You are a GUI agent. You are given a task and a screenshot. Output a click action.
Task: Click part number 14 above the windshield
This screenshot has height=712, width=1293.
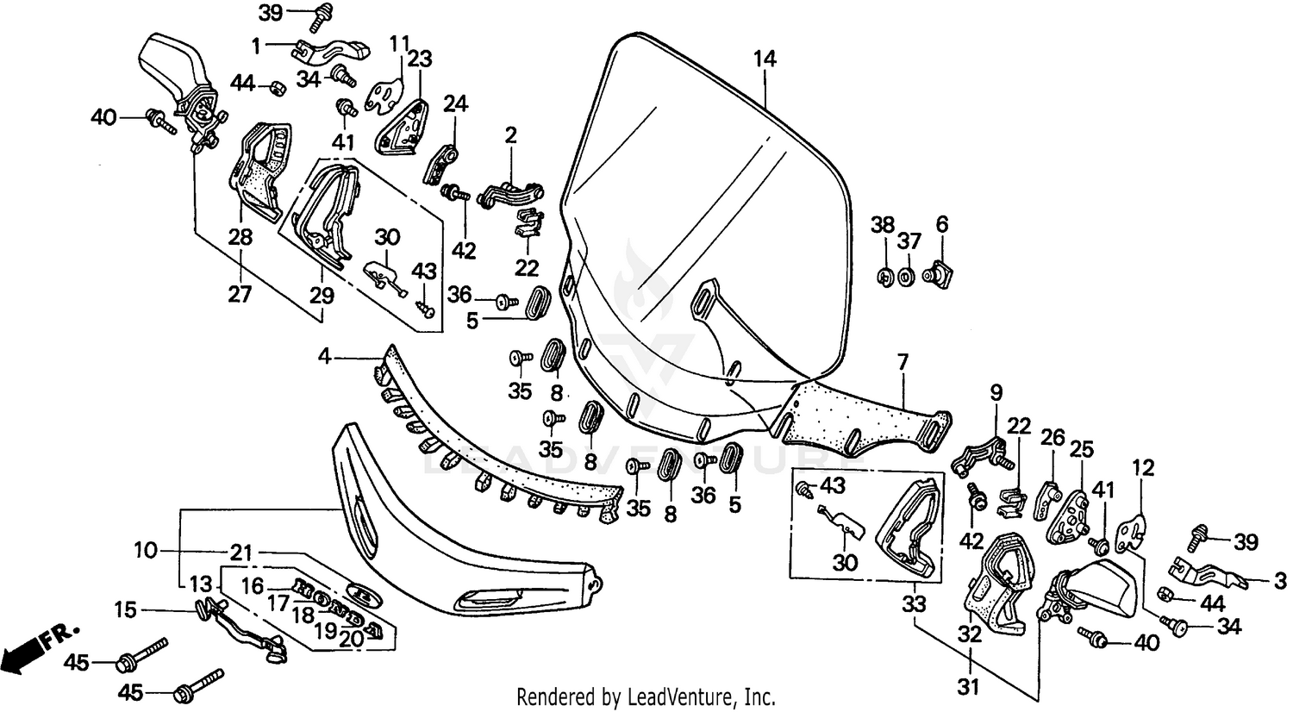[x=765, y=59]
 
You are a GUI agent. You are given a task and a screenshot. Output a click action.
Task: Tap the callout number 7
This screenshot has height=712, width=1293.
[x=903, y=362]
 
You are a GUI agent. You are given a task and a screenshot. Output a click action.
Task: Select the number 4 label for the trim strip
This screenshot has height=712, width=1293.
[x=324, y=354]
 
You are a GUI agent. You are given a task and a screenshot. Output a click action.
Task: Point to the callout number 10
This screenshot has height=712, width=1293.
[x=146, y=550]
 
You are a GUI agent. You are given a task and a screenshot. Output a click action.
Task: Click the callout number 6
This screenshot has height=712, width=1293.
[x=941, y=225]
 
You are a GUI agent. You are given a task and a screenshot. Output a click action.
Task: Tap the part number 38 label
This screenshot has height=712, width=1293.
[x=882, y=225]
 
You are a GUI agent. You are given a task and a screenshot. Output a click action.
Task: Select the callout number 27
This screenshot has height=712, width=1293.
[x=240, y=294]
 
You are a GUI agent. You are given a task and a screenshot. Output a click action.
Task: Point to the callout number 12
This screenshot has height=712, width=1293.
[x=1143, y=468]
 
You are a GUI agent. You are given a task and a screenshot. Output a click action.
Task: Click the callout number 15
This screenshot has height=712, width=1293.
[x=126, y=611]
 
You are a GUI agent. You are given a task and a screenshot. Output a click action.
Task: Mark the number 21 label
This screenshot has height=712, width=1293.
[x=240, y=551]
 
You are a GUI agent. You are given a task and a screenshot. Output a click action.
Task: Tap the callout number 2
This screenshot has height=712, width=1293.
[x=510, y=134]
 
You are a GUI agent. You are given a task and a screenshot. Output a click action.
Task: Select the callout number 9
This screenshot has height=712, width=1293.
[x=996, y=393]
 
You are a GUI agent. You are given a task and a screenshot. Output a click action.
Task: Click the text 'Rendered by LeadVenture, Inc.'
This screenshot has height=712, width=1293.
[x=646, y=696]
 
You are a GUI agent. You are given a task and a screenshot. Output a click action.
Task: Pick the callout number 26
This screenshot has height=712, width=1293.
[x=1052, y=439]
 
